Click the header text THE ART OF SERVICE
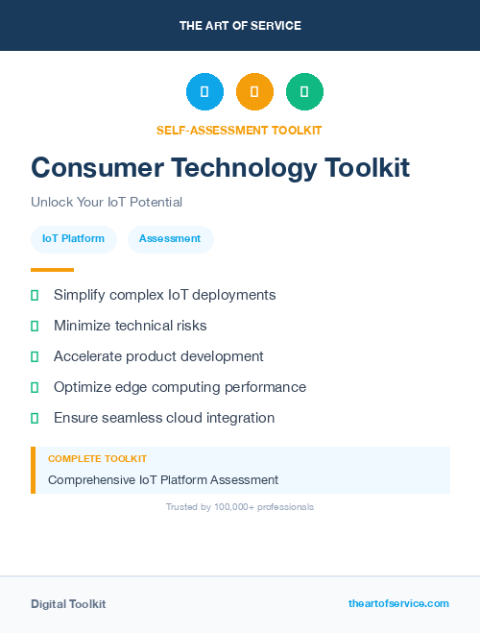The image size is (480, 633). point(240,26)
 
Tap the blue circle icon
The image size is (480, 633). point(204,91)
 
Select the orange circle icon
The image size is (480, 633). point(254,91)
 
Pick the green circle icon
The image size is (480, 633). point(304,91)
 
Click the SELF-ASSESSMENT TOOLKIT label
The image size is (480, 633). point(239,131)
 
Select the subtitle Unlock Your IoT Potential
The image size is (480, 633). point(107,203)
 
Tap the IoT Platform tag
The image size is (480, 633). point(73,239)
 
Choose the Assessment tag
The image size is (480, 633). point(170,239)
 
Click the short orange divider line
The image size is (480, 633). point(52,270)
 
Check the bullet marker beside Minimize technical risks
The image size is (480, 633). point(35,327)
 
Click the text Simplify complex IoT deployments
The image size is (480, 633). point(164,295)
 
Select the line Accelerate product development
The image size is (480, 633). point(158,356)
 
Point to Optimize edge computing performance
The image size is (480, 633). point(180,387)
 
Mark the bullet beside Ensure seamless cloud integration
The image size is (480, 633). point(35,418)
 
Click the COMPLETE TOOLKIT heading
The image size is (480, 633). point(97,459)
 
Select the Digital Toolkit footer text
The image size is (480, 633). point(68,604)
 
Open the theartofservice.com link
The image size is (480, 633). point(398,603)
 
